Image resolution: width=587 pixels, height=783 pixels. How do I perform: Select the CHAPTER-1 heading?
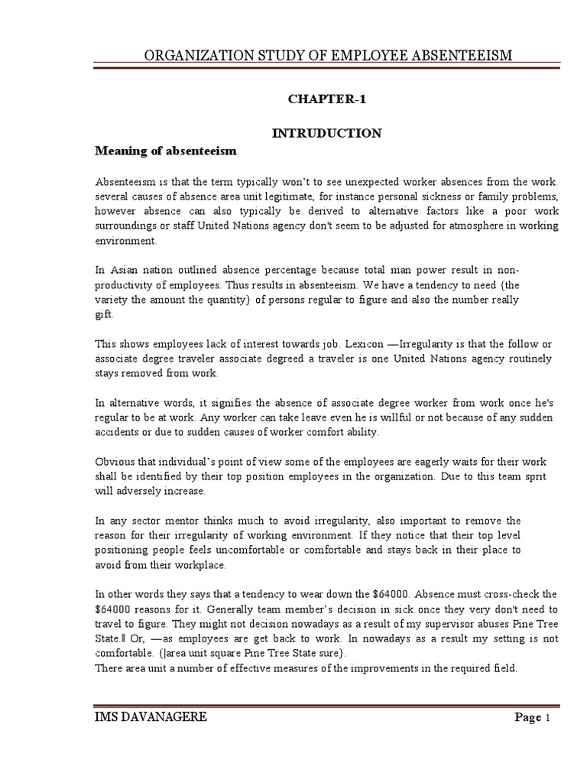[x=321, y=99]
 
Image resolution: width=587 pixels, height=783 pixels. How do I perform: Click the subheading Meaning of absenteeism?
[x=166, y=151]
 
